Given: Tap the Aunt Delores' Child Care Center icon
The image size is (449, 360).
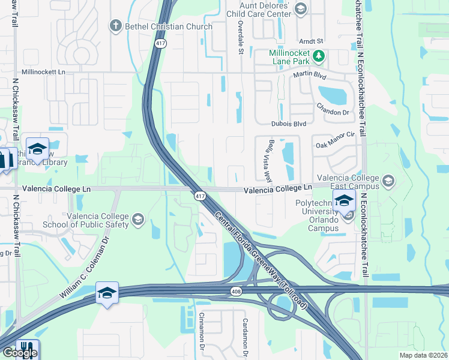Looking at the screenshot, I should (301, 9).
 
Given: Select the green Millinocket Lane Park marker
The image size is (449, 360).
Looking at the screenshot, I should (319, 56).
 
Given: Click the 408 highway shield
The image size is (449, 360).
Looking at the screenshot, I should (237, 291).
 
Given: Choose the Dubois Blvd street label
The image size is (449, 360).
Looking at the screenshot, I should (288, 124).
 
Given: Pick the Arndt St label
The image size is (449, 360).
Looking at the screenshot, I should (312, 41).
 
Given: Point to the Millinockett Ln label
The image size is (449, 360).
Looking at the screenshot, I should (51, 71).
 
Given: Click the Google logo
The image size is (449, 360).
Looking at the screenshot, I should (20, 353).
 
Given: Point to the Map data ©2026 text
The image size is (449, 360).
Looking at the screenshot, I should (423, 355).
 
